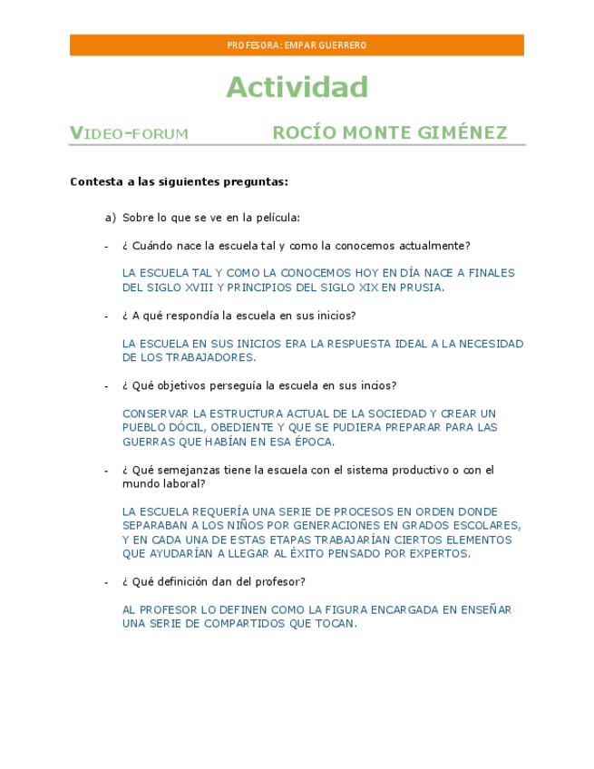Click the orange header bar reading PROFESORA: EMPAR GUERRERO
pos(297,45)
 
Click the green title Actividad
pos(297,87)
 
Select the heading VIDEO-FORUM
pos(129,134)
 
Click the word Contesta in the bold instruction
pos(96,181)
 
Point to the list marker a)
pos(111,218)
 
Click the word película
pos(278,218)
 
